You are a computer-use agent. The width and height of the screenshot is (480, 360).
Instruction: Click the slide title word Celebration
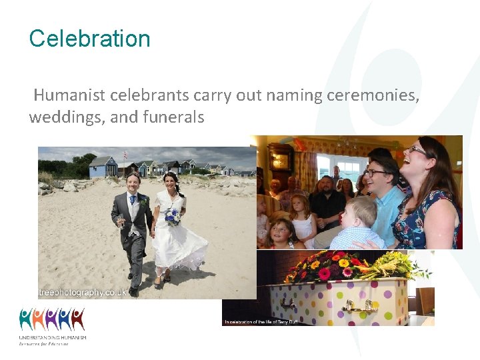tap(89, 39)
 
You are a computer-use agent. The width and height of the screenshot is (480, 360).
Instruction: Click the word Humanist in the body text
tap(64, 95)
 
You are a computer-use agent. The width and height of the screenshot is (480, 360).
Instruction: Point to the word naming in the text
tap(294, 95)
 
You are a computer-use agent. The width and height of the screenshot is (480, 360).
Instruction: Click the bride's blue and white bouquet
tap(173, 215)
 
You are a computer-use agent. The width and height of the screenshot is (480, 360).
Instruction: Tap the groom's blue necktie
tap(133, 200)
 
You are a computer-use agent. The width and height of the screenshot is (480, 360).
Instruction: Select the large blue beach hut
tap(103, 167)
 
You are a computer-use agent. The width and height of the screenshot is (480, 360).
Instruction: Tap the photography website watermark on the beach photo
tap(83, 292)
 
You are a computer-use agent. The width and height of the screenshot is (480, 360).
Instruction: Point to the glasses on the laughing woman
tap(419, 151)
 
